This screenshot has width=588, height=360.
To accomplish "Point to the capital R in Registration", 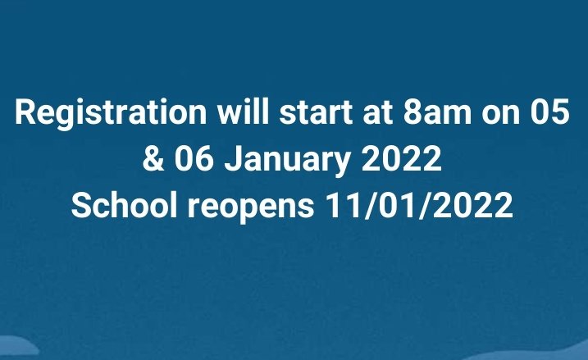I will pyautogui.click(x=25, y=113).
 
